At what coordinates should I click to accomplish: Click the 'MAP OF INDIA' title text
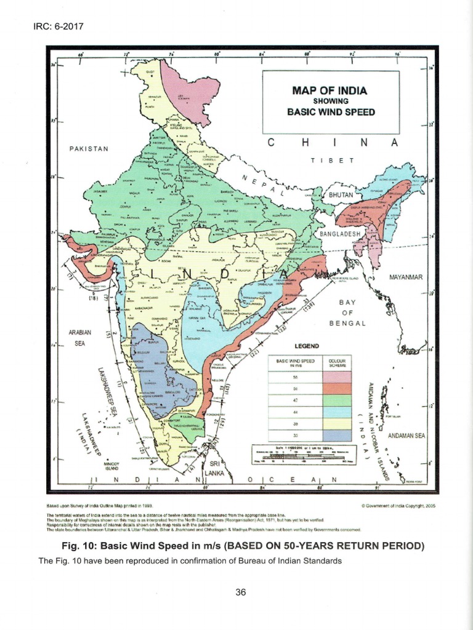tap(329, 90)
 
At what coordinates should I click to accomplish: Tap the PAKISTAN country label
tap(89, 149)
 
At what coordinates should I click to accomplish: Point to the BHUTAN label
tap(341, 195)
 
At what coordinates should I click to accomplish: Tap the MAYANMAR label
tap(406, 277)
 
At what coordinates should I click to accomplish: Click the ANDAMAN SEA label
tap(406, 436)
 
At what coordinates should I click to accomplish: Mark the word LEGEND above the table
tap(307, 346)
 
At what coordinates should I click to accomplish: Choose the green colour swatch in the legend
tap(336, 400)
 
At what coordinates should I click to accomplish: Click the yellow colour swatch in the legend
tap(336, 425)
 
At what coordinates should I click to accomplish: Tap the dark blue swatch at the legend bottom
tap(336, 436)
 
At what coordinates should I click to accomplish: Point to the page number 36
tap(241, 592)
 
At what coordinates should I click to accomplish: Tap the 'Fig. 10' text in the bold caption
tap(78, 546)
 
